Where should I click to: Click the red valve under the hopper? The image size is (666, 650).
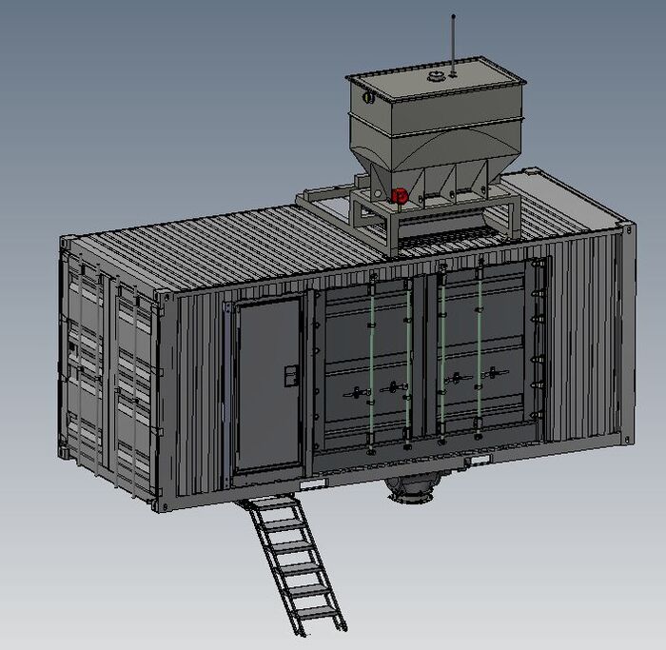point(400,196)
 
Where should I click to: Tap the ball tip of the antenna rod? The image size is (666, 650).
point(453,16)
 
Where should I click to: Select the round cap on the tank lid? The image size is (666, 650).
point(437,76)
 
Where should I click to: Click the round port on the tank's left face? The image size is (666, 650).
point(366,96)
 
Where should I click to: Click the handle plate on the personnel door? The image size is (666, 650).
point(290,375)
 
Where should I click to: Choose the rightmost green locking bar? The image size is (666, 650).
point(480,352)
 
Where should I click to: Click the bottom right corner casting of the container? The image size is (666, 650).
point(628,438)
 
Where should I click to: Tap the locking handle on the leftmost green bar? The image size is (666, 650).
point(356,391)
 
